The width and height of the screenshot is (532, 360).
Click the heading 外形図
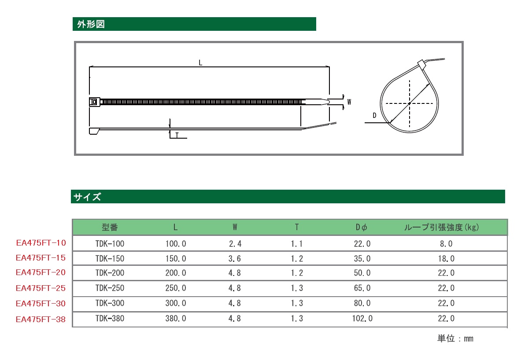pos(91,24)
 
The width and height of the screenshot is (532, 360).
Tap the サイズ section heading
pos(87,197)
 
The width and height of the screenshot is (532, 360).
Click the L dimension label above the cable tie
pos(200,62)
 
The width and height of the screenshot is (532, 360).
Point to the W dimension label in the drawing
pos(349,102)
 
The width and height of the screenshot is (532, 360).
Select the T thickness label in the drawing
pos(177,135)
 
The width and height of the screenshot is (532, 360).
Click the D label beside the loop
pos(374,115)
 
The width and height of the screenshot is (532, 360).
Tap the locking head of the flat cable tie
pos(95,102)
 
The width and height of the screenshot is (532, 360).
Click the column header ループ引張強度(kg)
pos(442,228)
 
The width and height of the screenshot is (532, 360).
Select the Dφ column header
pos(362,228)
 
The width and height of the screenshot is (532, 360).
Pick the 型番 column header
pos(110,228)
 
